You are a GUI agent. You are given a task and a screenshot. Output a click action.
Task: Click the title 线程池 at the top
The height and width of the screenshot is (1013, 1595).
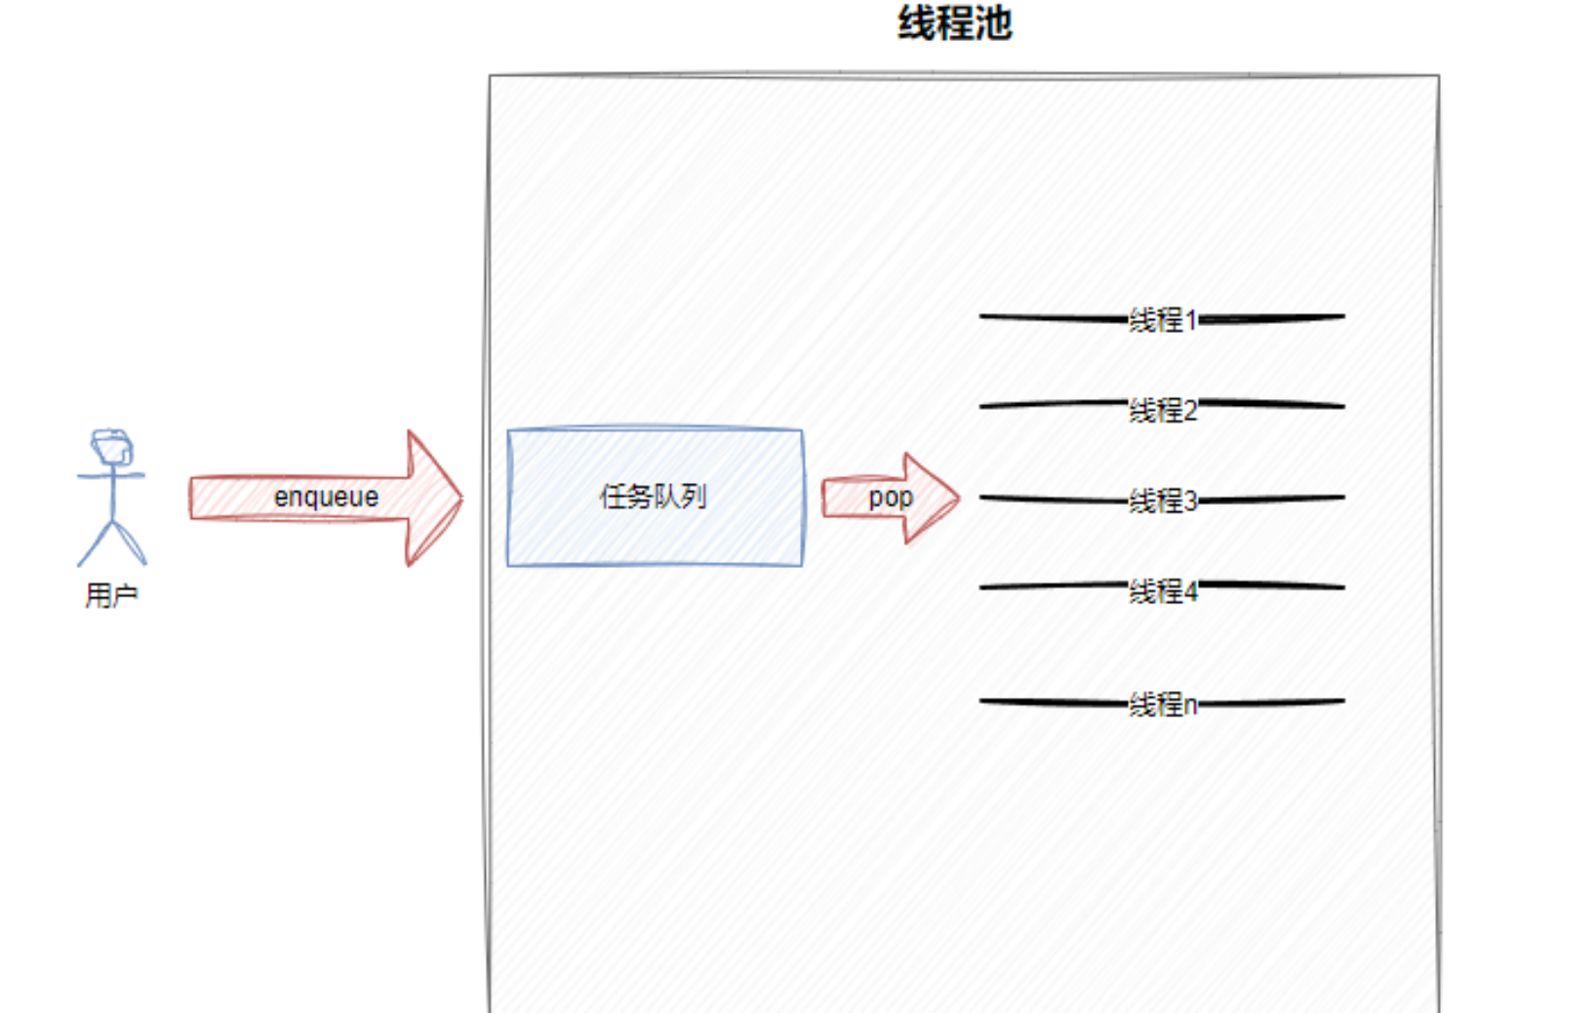tap(954, 23)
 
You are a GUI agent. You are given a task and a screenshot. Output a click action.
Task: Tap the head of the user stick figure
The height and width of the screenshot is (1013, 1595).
tap(112, 447)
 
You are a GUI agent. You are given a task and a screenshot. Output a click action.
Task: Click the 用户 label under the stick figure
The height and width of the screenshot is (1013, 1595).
tap(111, 594)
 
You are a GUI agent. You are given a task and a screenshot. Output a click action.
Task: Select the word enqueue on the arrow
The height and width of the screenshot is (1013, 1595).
tap(326, 497)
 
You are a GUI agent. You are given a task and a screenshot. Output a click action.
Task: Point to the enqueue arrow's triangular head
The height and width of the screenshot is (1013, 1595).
tap(433, 498)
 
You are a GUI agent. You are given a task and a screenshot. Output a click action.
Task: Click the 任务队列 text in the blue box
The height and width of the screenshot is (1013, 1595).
tap(653, 497)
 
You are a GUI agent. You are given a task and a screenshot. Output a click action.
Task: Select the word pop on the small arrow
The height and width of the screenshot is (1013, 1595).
tap(890, 498)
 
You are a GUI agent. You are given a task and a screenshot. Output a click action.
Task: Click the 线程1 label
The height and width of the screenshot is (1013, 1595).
tap(1162, 319)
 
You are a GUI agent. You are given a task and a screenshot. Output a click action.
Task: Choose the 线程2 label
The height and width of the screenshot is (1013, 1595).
tap(1162, 410)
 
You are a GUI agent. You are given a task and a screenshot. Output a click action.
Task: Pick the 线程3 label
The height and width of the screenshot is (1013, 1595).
tap(1162, 501)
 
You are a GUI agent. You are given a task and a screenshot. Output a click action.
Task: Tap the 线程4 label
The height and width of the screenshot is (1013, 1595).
tap(1162, 590)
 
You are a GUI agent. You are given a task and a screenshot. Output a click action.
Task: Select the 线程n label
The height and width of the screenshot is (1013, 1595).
tap(1162, 704)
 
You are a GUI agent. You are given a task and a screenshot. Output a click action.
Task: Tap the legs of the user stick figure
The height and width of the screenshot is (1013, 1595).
tap(111, 544)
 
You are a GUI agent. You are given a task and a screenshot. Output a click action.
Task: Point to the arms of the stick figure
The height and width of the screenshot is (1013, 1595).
tap(111, 476)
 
